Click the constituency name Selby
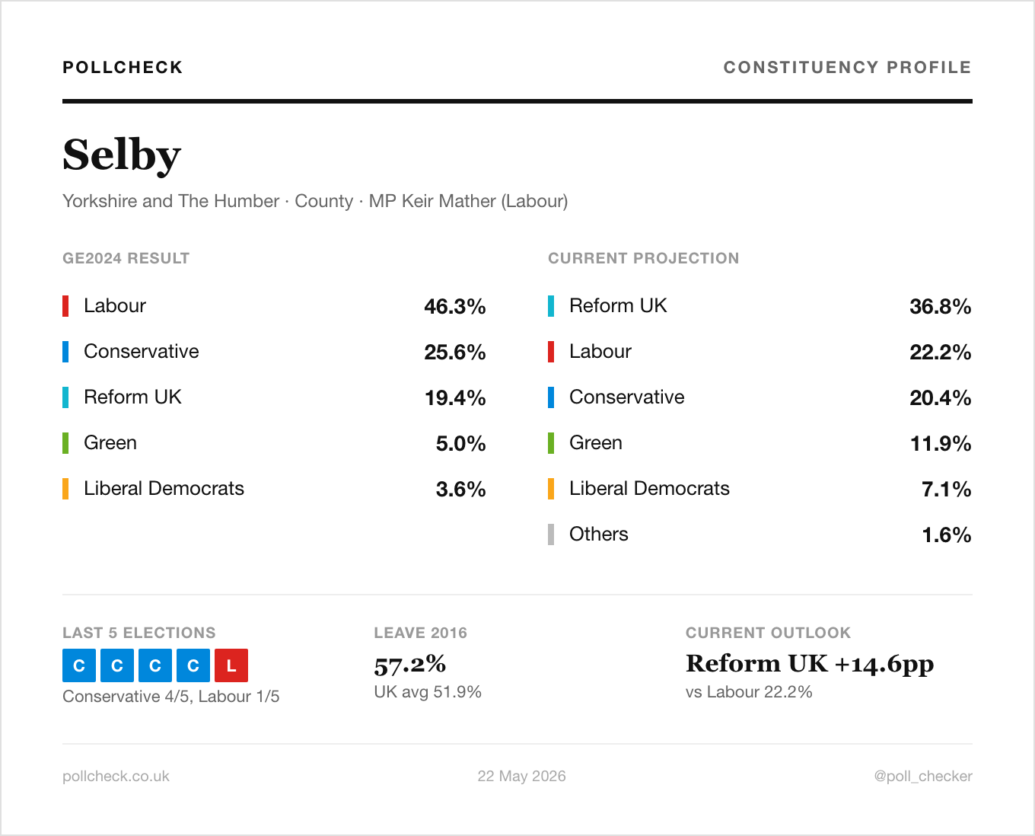pyautogui.click(x=122, y=155)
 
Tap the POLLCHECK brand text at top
pyautogui.click(x=123, y=67)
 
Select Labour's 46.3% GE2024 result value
pyautogui.click(x=455, y=306)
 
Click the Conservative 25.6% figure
pyautogui.click(x=455, y=352)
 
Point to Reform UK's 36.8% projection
pyautogui.click(x=940, y=306)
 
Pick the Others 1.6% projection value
pyautogui.click(x=947, y=534)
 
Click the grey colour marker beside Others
pyautogui.click(x=551, y=534)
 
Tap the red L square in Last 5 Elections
pyautogui.click(x=231, y=665)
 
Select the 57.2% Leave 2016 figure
pyautogui.click(x=409, y=665)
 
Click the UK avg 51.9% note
pyautogui.click(x=428, y=691)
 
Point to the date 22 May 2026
pyautogui.click(x=521, y=776)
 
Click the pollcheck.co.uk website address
pyautogui.click(x=116, y=776)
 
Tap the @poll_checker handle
pyautogui.click(x=923, y=776)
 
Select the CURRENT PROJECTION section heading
pyautogui.click(x=643, y=258)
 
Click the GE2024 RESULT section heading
pyautogui.click(x=126, y=258)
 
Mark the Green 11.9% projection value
pyautogui.click(x=940, y=443)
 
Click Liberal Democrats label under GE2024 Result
pyautogui.click(x=164, y=488)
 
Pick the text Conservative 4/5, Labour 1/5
pyautogui.click(x=171, y=697)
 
